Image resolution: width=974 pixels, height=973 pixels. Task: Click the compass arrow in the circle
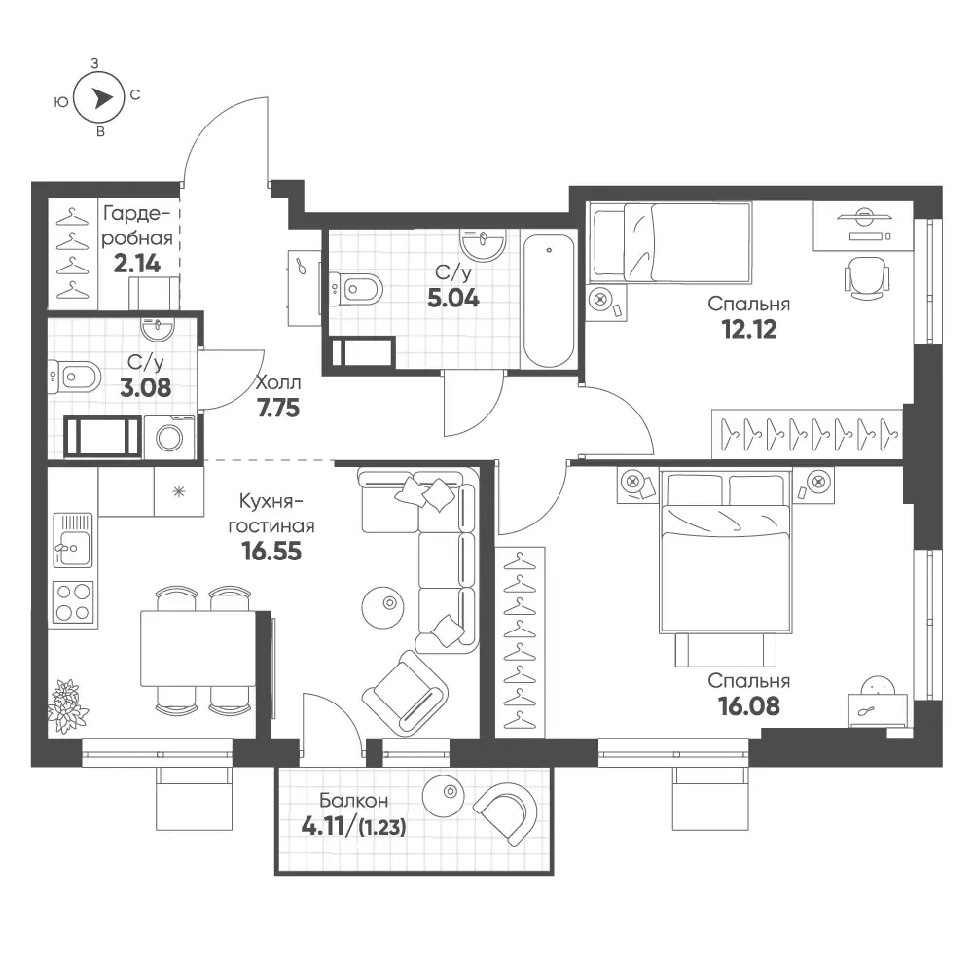102,97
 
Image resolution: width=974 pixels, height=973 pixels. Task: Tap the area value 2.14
137,264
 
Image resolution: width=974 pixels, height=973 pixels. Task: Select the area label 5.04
453,299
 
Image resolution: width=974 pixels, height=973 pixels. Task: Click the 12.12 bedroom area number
749,329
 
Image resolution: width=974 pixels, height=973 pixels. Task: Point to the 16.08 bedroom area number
749,706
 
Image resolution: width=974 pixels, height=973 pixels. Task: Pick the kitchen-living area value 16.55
272,551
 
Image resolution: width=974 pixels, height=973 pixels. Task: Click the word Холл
278,382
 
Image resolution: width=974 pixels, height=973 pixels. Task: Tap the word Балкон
354,800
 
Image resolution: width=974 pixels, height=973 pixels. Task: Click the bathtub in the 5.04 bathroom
549,301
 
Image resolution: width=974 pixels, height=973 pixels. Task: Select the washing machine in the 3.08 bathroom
169,438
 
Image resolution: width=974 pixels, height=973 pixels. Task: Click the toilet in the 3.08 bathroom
74,377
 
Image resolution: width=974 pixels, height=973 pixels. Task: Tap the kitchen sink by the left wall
73,540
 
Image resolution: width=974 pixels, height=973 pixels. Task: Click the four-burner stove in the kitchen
73,602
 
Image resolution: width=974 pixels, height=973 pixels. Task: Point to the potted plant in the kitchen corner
68,706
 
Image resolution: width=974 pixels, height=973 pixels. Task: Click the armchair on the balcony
506,812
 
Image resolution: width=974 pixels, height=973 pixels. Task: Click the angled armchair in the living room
405,692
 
